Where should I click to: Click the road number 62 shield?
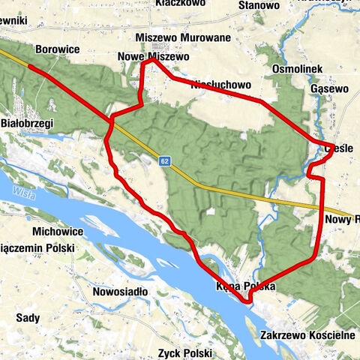[164, 160]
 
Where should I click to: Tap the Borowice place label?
[58, 50]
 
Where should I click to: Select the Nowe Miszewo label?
[153, 57]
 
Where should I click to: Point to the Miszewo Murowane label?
[172, 37]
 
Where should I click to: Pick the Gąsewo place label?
[330, 88]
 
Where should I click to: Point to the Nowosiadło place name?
[120, 290]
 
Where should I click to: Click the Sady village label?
[28, 317]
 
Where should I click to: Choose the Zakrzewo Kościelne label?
[308, 335]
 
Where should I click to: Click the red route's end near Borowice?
[31, 67]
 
